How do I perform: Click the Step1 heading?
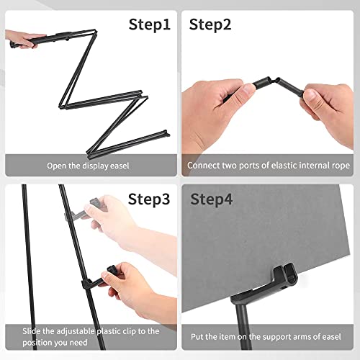point(150,24)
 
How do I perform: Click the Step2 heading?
point(210,24)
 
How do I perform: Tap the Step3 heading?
point(150,199)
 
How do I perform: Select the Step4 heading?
point(210,199)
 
